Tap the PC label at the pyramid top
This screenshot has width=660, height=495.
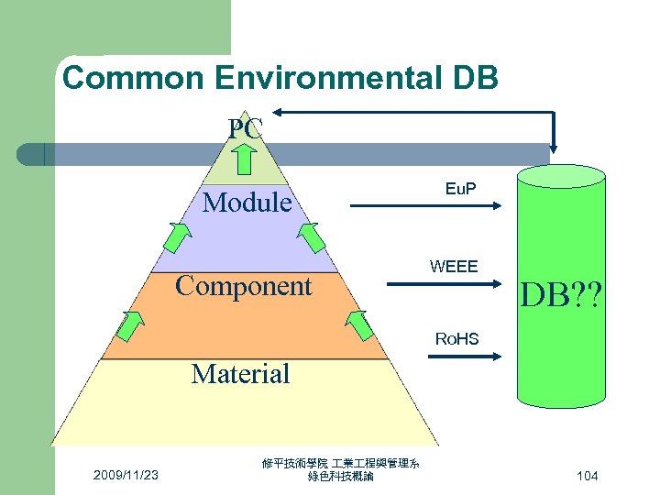tap(246, 129)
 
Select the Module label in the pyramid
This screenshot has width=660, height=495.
tap(247, 202)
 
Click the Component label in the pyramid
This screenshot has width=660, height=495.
tap(244, 286)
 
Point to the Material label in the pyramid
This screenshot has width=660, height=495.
tap(240, 373)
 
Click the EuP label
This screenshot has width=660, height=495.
tap(460, 188)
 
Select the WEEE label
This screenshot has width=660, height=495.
tap(454, 267)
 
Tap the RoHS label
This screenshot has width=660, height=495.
tap(456, 338)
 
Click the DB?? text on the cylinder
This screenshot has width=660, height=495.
tap(560, 293)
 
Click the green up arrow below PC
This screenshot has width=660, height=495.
tap(246, 159)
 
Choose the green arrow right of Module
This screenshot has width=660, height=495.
tap(312, 236)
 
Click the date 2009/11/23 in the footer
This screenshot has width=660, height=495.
tap(126, 475)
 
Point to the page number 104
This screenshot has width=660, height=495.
tap(588, 476)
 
